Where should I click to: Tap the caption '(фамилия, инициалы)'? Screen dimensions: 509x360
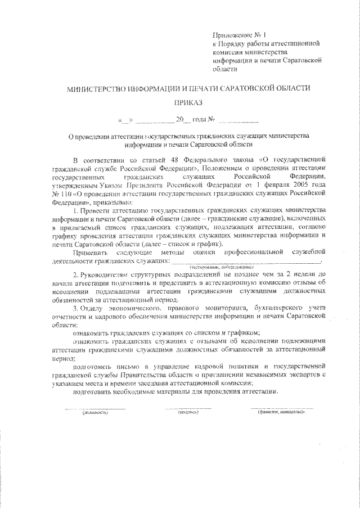pyautogui.click(x=282, y=412)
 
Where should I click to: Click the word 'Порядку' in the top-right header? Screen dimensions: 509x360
pyautogui.click(x=232, y=43)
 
